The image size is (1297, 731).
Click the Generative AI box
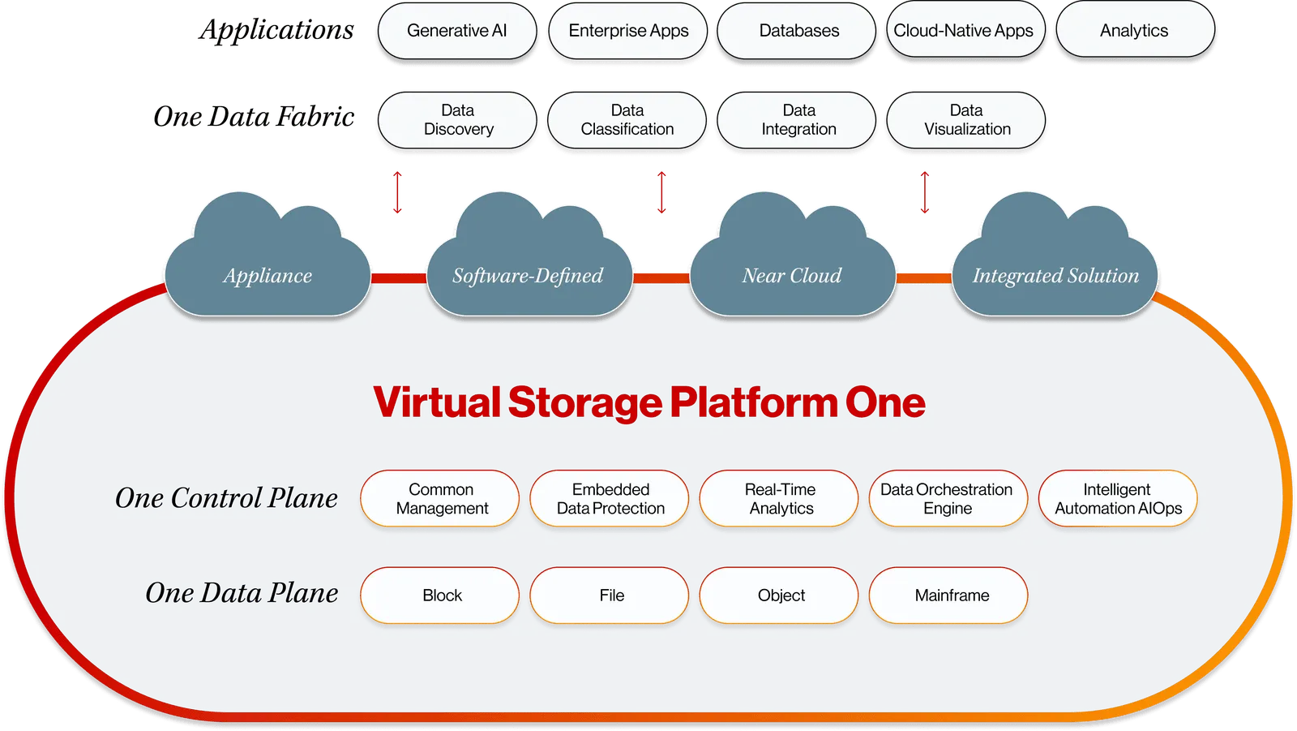click(457, 31)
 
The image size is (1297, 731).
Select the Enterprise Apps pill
click(628, 31)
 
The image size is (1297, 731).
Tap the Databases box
click(798, 31)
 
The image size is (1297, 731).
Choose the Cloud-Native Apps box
click(964, 31)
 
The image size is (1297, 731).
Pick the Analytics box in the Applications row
click(1134, 31)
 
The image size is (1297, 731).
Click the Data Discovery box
click(458, 120)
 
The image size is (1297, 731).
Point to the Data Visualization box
click(966, 120)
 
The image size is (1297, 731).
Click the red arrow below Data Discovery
click(397, 192)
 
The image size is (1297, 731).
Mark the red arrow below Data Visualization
click(924, 192)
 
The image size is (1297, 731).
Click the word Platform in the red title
click(753, 403)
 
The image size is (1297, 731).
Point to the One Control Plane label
click(226, 498)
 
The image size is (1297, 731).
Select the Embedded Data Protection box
click(610, 499)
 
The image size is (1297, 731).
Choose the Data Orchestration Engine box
click(948, 499)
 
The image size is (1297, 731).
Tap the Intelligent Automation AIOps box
click(1118, 499)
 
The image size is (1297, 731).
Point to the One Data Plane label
click(242, 594)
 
